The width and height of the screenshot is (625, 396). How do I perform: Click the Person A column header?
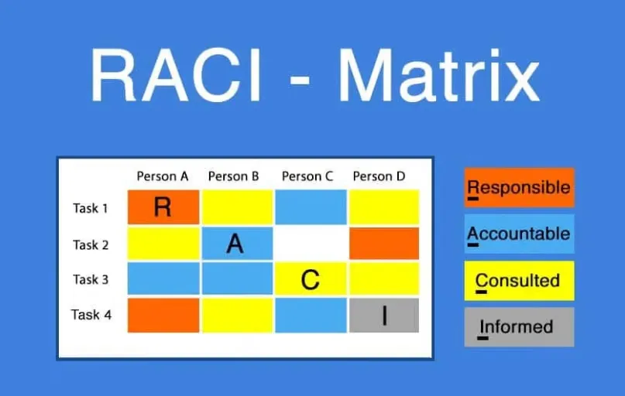tap(162, 176)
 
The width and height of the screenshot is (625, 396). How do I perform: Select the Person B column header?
tap(234, 176)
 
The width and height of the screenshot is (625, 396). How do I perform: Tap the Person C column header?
tap(307, 176)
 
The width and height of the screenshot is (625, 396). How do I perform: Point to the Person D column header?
tap(379, 176)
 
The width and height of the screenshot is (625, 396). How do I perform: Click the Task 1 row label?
tap(91, 208)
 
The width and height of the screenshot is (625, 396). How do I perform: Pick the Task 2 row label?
tap(91, 244)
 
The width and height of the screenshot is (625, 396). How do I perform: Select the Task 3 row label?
tap(91, 279)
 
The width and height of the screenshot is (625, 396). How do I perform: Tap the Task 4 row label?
tap(91, 315)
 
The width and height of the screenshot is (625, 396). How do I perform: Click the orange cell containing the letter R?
tap(163, 207)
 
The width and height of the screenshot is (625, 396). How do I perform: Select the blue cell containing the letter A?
tap(238, 243)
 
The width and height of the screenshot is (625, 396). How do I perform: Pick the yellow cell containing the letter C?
tap(311, 278)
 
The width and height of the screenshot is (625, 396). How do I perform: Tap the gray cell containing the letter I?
tap(384, 316)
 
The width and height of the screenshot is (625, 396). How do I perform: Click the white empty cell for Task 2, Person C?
tap(311, 243)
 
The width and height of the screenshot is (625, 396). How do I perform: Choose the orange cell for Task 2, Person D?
tap(384, 243)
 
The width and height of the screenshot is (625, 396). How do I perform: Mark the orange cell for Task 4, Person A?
tap(163, 316)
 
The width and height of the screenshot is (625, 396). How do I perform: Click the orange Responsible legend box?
tap(520, 187)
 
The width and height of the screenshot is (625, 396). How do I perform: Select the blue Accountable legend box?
tap(520, 234)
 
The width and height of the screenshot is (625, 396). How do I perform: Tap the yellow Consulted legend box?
tap(520, 281)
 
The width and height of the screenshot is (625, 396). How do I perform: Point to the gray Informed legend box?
tap(520, 326)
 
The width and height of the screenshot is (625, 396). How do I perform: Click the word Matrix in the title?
tap(439, 75)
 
